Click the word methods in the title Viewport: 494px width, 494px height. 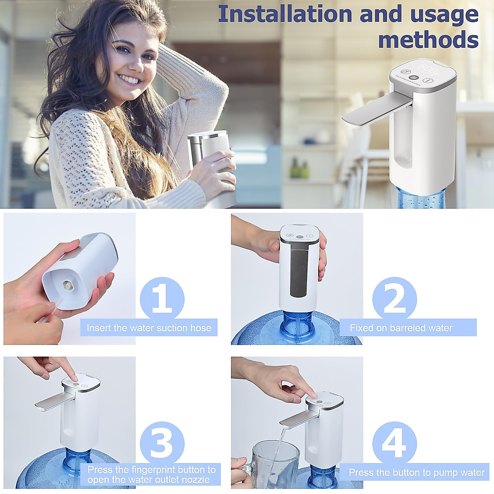[x=428, y=40]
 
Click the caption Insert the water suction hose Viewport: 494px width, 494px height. [x=149, y=328]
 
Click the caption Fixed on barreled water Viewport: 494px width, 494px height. [x=401, y=328]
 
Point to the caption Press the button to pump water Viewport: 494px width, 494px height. [x=417, y=472]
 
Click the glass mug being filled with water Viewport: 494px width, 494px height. [x=275, y=463]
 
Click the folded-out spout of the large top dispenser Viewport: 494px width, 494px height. [x=373, y=111]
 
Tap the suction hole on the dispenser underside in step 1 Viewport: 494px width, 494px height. [x=66, y=284]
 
